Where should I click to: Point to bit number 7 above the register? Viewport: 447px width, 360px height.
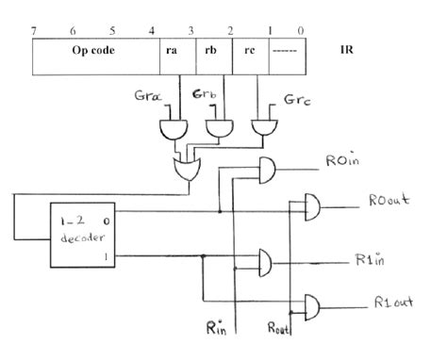coord(33,29)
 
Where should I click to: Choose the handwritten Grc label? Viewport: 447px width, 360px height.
coord(294,98)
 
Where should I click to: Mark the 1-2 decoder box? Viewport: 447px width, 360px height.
coord(84,235)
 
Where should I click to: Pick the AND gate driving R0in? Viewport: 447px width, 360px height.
coord(269,169)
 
